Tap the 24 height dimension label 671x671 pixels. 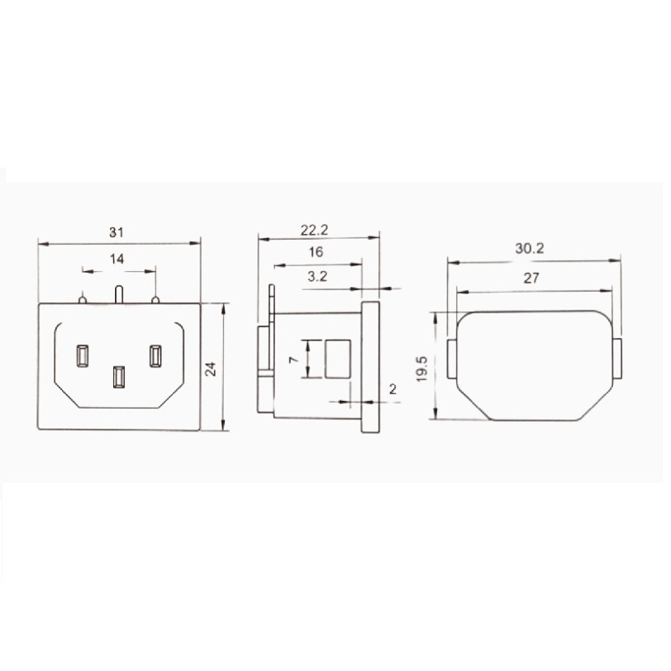[x=211, y=368]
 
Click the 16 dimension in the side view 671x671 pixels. [x=315, y=252]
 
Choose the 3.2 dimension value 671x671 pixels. [x=318, y=276]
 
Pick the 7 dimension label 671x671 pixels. [x=293, y=358]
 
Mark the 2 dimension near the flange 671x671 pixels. [x=393, y=389]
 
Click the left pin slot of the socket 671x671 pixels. [x=82, y=356]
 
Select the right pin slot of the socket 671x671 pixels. [x=156, y=356]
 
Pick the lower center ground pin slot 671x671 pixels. [x=118, y=376]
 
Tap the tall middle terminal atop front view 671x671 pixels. [x=118, y=294]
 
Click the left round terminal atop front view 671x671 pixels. [x=82, y=298]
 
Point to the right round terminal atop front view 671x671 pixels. [x=155, y=298]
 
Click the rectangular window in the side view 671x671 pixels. [x=336, y=357]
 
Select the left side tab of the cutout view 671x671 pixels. [x=450, y=359]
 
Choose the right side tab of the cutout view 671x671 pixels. [x=617, y=359]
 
